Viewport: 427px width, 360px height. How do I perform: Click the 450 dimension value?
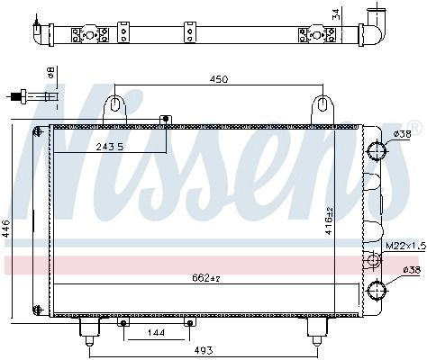(x=219, y=79)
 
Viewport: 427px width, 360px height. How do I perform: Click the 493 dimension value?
(x=204, y=350)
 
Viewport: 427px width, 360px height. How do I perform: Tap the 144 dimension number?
(x=157, y=333)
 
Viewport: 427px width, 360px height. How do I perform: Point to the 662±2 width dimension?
(x=206, y=278)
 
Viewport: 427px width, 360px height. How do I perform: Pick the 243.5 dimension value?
(x=110, y=147)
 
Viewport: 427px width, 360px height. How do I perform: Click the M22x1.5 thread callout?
(x=405, y=247)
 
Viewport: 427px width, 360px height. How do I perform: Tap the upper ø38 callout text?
(x=402, y=134)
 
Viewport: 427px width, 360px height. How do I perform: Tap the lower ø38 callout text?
(x=411, y=270)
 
